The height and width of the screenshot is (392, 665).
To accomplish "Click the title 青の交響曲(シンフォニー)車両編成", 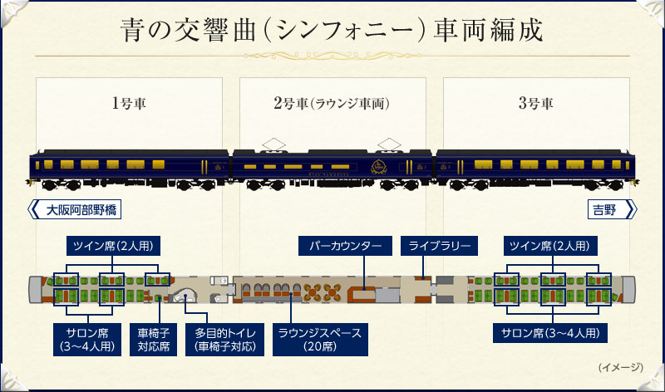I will point(332,31).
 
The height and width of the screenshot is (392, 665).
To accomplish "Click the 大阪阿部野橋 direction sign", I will point(77,209).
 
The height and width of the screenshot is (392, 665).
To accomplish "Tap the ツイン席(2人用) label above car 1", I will point(114,246).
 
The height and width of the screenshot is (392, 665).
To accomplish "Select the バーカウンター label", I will point(345,246).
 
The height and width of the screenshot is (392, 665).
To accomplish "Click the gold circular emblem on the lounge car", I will point(379,165).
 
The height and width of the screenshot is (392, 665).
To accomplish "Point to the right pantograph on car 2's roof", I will point(387,143).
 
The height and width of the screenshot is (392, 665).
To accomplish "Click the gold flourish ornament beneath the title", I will point(332,56).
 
